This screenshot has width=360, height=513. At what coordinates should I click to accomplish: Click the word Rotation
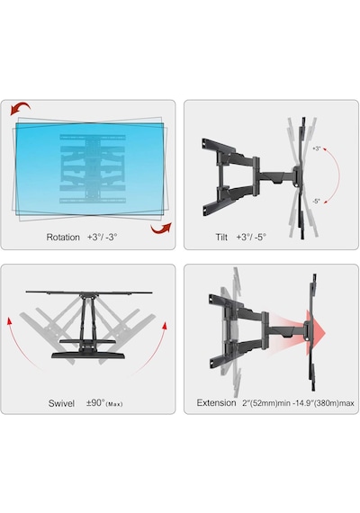63,238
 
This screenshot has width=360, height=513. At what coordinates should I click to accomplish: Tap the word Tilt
221,237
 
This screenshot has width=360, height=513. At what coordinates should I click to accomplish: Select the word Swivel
61,403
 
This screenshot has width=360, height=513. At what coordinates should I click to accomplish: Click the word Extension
216,402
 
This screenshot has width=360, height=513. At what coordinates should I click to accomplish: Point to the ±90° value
95,402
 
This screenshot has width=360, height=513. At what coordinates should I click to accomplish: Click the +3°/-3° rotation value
102,238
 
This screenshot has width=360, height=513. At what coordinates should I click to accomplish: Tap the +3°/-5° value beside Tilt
251,237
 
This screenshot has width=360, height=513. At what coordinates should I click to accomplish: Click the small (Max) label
114,404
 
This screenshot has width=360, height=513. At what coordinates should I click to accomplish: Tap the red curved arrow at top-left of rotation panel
20,109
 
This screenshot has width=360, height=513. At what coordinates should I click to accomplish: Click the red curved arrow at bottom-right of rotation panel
161,228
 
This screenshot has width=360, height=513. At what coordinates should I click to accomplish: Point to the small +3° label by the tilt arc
317,148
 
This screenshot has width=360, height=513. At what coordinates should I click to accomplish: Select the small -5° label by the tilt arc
316,202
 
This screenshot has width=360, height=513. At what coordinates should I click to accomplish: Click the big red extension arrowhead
316,333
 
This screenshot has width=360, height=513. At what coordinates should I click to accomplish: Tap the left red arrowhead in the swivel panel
10,321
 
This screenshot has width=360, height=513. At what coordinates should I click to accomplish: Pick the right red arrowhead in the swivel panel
165,326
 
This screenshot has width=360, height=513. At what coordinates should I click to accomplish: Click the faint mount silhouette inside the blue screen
93,169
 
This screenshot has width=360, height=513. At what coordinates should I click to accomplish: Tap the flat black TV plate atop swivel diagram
89,292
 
